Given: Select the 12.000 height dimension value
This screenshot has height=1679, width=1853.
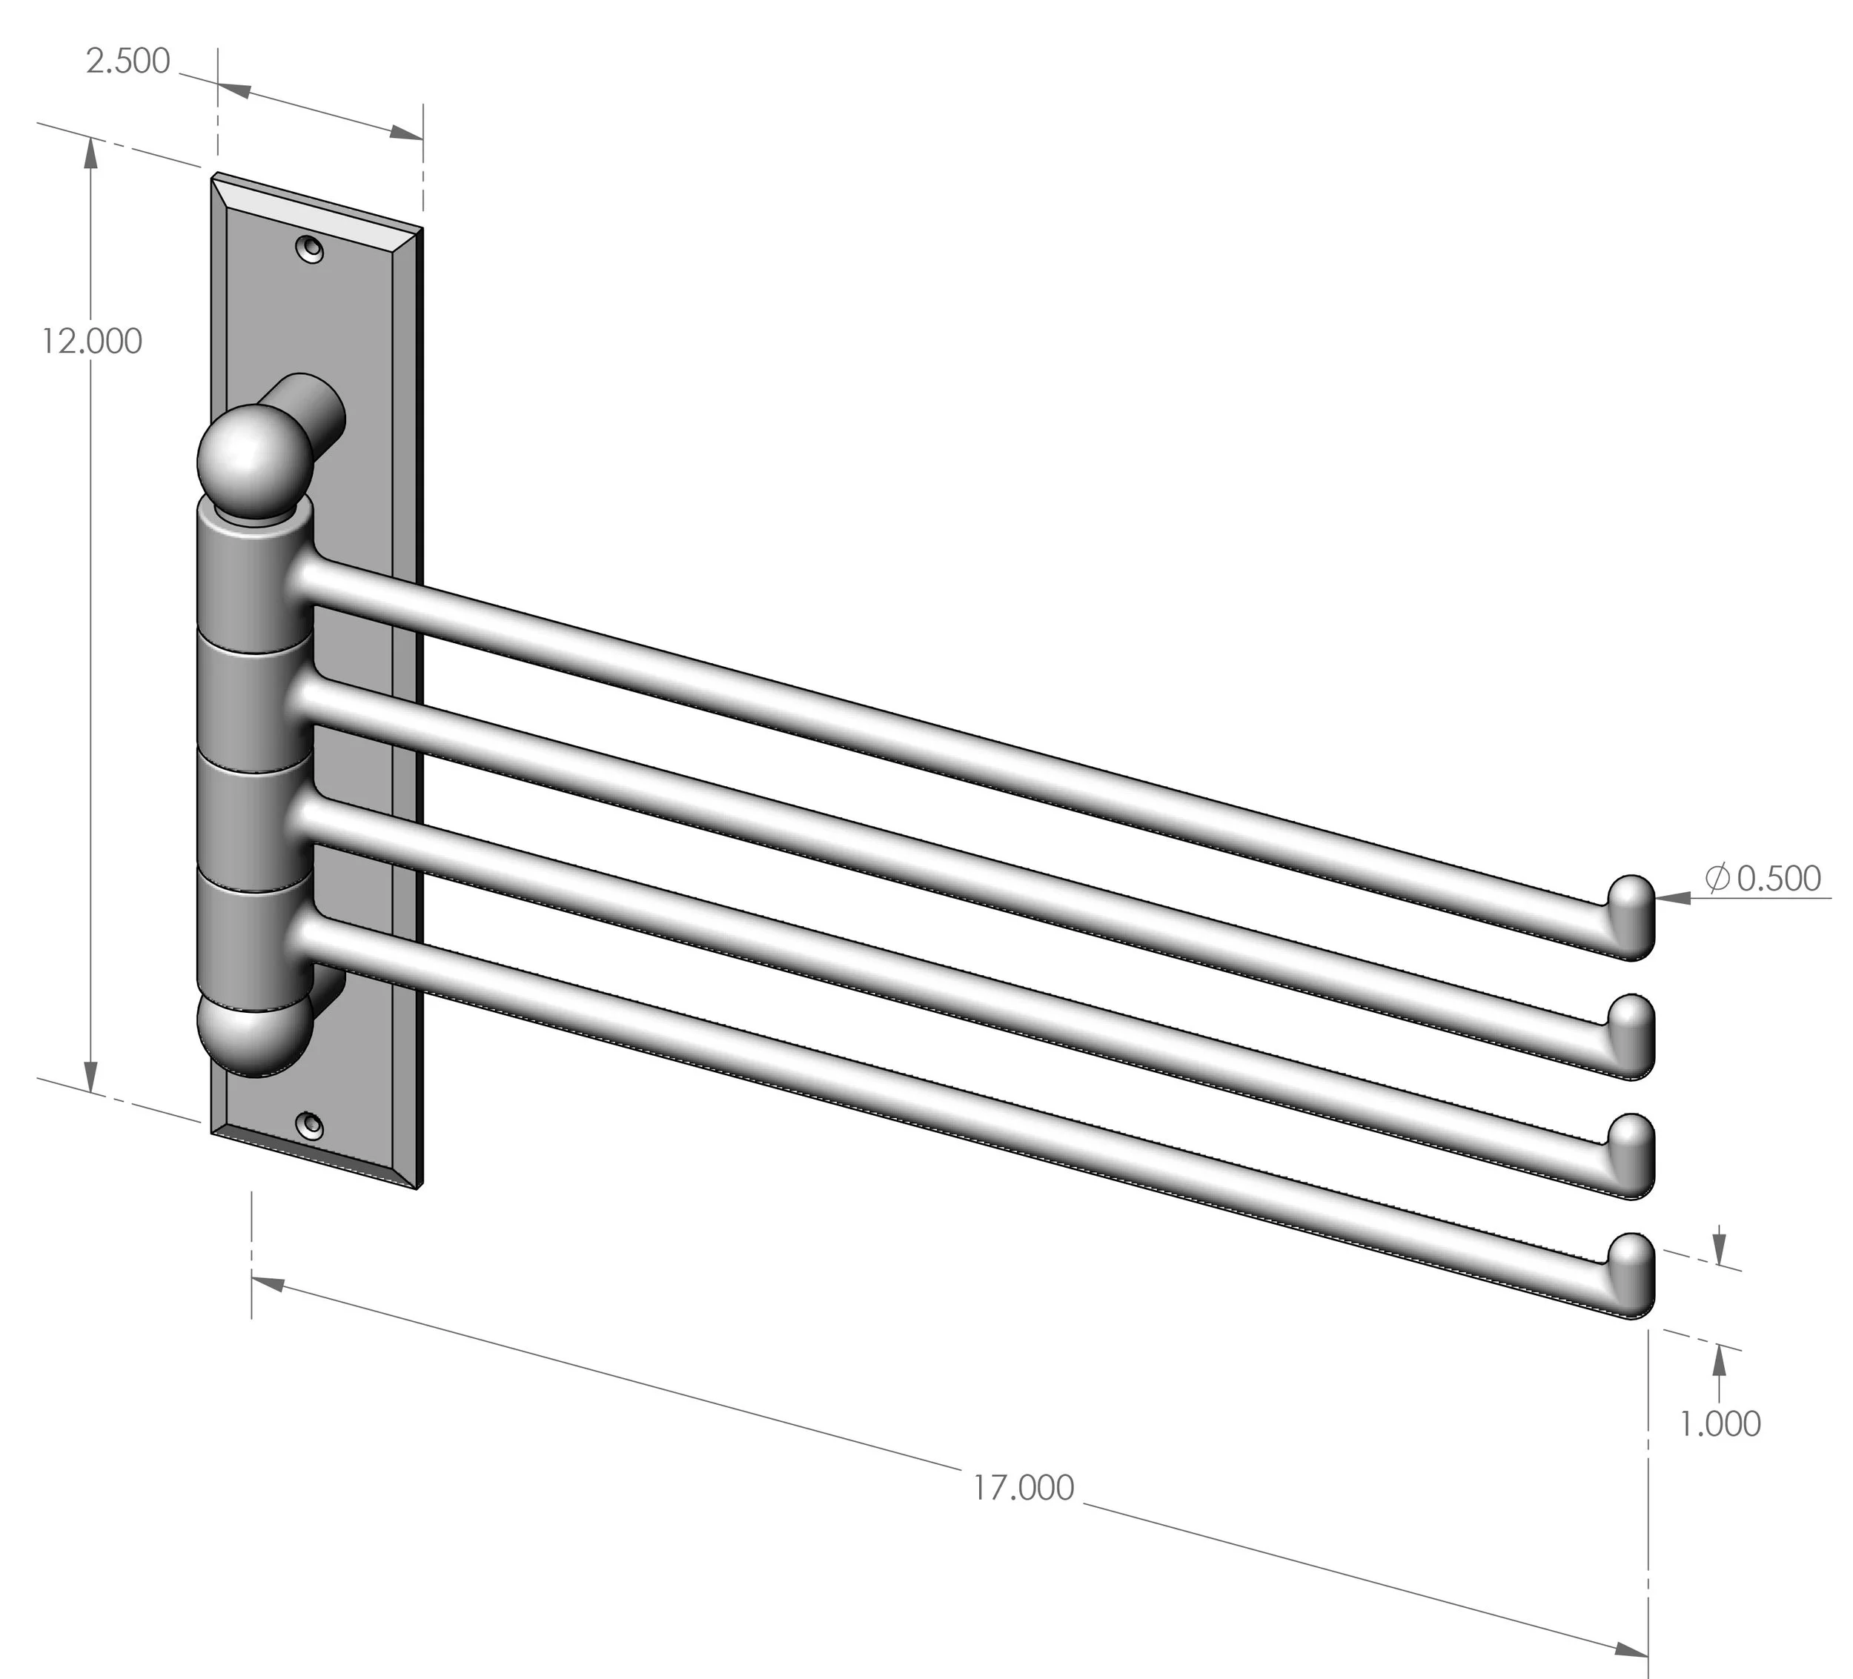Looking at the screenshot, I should (92, 342).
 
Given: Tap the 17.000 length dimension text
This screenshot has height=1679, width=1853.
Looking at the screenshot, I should (1024, 1487).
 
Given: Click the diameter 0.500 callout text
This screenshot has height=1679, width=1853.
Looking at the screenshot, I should (1763, 879).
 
